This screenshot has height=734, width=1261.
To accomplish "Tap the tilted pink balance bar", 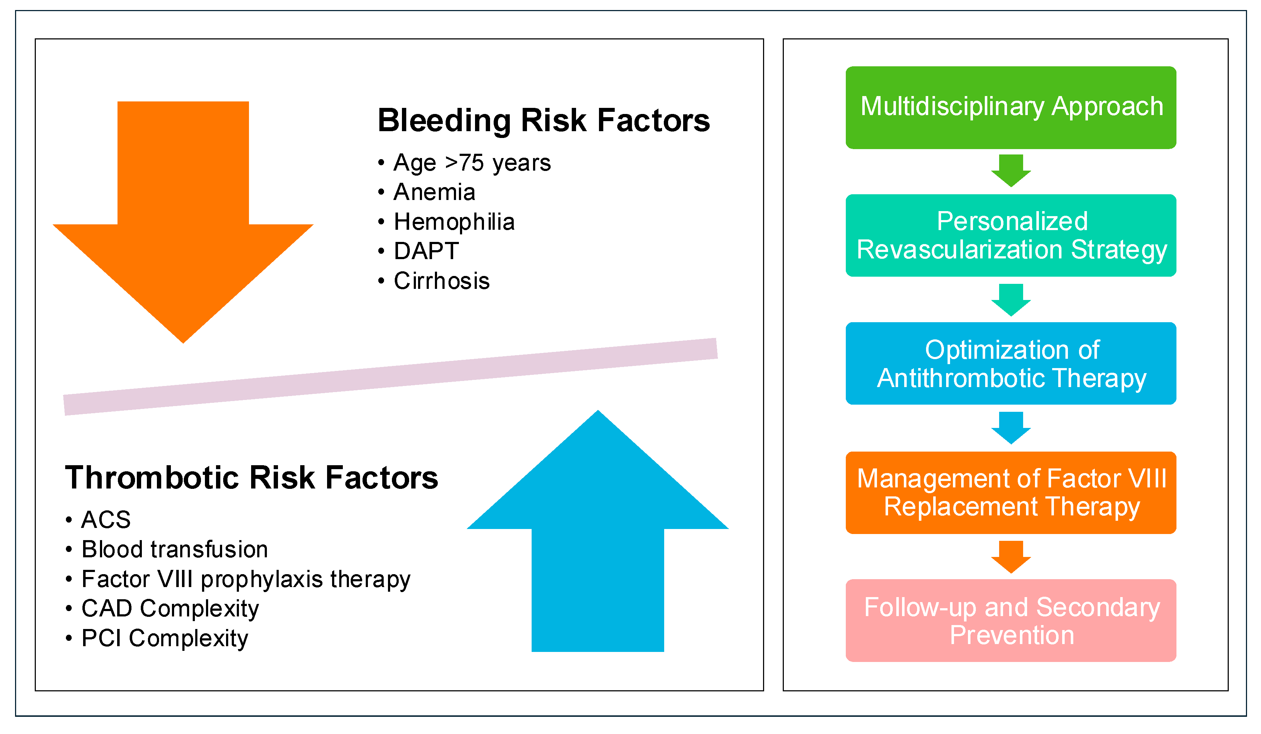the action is pos(390,377).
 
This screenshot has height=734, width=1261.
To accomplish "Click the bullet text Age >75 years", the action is pos(472,163).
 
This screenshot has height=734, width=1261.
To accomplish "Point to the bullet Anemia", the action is pos(434,192).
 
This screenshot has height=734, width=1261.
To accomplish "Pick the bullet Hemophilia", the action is pos(454,222).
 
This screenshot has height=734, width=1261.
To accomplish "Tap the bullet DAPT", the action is pos(426,251).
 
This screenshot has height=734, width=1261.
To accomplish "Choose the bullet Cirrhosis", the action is pos(441,281).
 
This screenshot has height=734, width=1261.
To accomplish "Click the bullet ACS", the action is pos(106,520).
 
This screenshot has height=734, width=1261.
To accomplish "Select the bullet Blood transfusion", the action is pos(174,549).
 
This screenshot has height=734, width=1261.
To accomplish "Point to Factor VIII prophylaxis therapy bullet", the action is pos(246,579).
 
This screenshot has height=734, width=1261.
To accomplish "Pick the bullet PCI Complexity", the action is pos(165,638).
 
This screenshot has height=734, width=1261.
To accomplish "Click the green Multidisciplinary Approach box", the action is pos(1011,108).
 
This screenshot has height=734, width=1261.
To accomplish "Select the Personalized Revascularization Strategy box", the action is pos(1011,235).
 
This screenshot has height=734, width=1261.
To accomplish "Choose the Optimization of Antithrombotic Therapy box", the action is pos(1011,363).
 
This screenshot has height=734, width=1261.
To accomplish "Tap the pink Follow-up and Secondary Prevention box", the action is pos(1011,620).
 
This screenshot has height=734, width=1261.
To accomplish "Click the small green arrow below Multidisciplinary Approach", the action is pos(1011,171).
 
